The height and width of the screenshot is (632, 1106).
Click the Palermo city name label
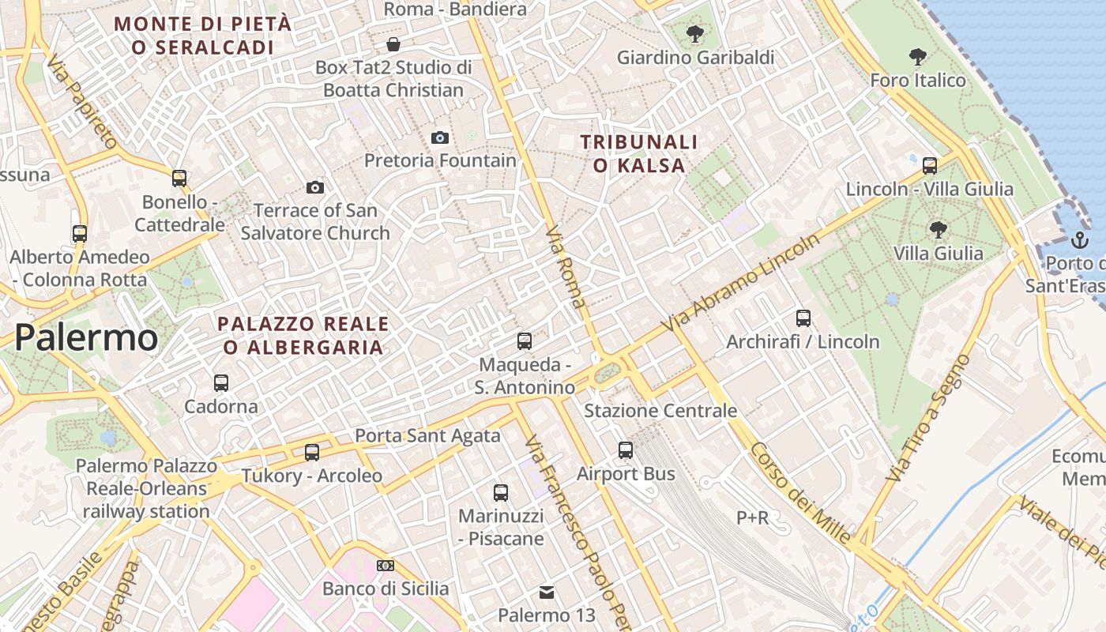[x=86, y=337]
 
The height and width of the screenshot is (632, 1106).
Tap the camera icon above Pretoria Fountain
[x=440, y=137]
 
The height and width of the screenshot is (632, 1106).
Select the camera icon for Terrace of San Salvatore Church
[x=315, y=187]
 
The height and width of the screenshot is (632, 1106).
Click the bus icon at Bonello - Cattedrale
[x=179, y=178]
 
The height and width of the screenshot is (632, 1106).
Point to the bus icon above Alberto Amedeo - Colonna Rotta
[x=80, y=233]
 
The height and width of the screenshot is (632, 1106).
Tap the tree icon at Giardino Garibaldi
[x=695, y=34]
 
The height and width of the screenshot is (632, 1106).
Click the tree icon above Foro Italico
[x=917, y=57]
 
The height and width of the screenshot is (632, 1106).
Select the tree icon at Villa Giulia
[x=938, y=230]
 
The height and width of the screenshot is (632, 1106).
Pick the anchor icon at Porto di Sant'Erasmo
[x=1079, y=240]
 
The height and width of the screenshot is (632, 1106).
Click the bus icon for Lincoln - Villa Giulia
[x=930, y=165]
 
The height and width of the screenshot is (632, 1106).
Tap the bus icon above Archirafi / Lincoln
[x=803, y=318]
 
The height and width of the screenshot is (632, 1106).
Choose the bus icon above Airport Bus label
[x=626, y=450]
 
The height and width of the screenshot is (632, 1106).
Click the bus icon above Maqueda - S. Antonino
[x=525, y=341]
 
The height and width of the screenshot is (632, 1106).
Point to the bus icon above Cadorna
[x=221, y=382]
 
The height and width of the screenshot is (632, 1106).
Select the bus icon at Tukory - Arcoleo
[x=312, y=452]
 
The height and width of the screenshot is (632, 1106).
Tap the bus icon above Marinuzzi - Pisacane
[x=501, y=492]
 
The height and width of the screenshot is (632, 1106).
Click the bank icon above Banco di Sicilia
[x=386, y=565]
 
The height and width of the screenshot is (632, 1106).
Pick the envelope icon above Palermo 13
[x=546, y=592]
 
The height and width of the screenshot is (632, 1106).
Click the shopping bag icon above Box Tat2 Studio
[x=393, y=44]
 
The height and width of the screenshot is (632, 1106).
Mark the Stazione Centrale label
[x=660, y=411]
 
